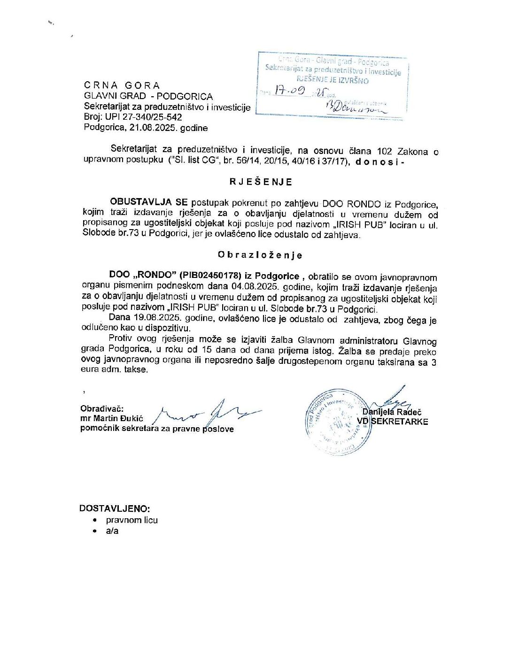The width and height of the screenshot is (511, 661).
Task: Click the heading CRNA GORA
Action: (122, 85)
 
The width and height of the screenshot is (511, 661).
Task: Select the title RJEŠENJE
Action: (261, 182)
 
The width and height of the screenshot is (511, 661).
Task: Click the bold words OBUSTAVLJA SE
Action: (148, 202)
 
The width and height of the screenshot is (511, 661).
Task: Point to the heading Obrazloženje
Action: (260, 255)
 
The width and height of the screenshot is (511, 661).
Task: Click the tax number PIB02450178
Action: (210, 276)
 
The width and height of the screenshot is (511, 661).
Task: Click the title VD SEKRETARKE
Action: (393, 422)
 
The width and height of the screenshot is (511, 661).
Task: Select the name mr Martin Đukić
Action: (112, 418)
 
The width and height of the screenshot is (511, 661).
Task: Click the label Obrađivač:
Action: (102, 408)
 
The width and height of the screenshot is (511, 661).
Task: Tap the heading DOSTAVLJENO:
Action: (115, 508)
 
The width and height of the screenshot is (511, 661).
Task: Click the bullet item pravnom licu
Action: (132, 520)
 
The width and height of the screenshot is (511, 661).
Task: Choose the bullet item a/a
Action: (112, 531)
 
